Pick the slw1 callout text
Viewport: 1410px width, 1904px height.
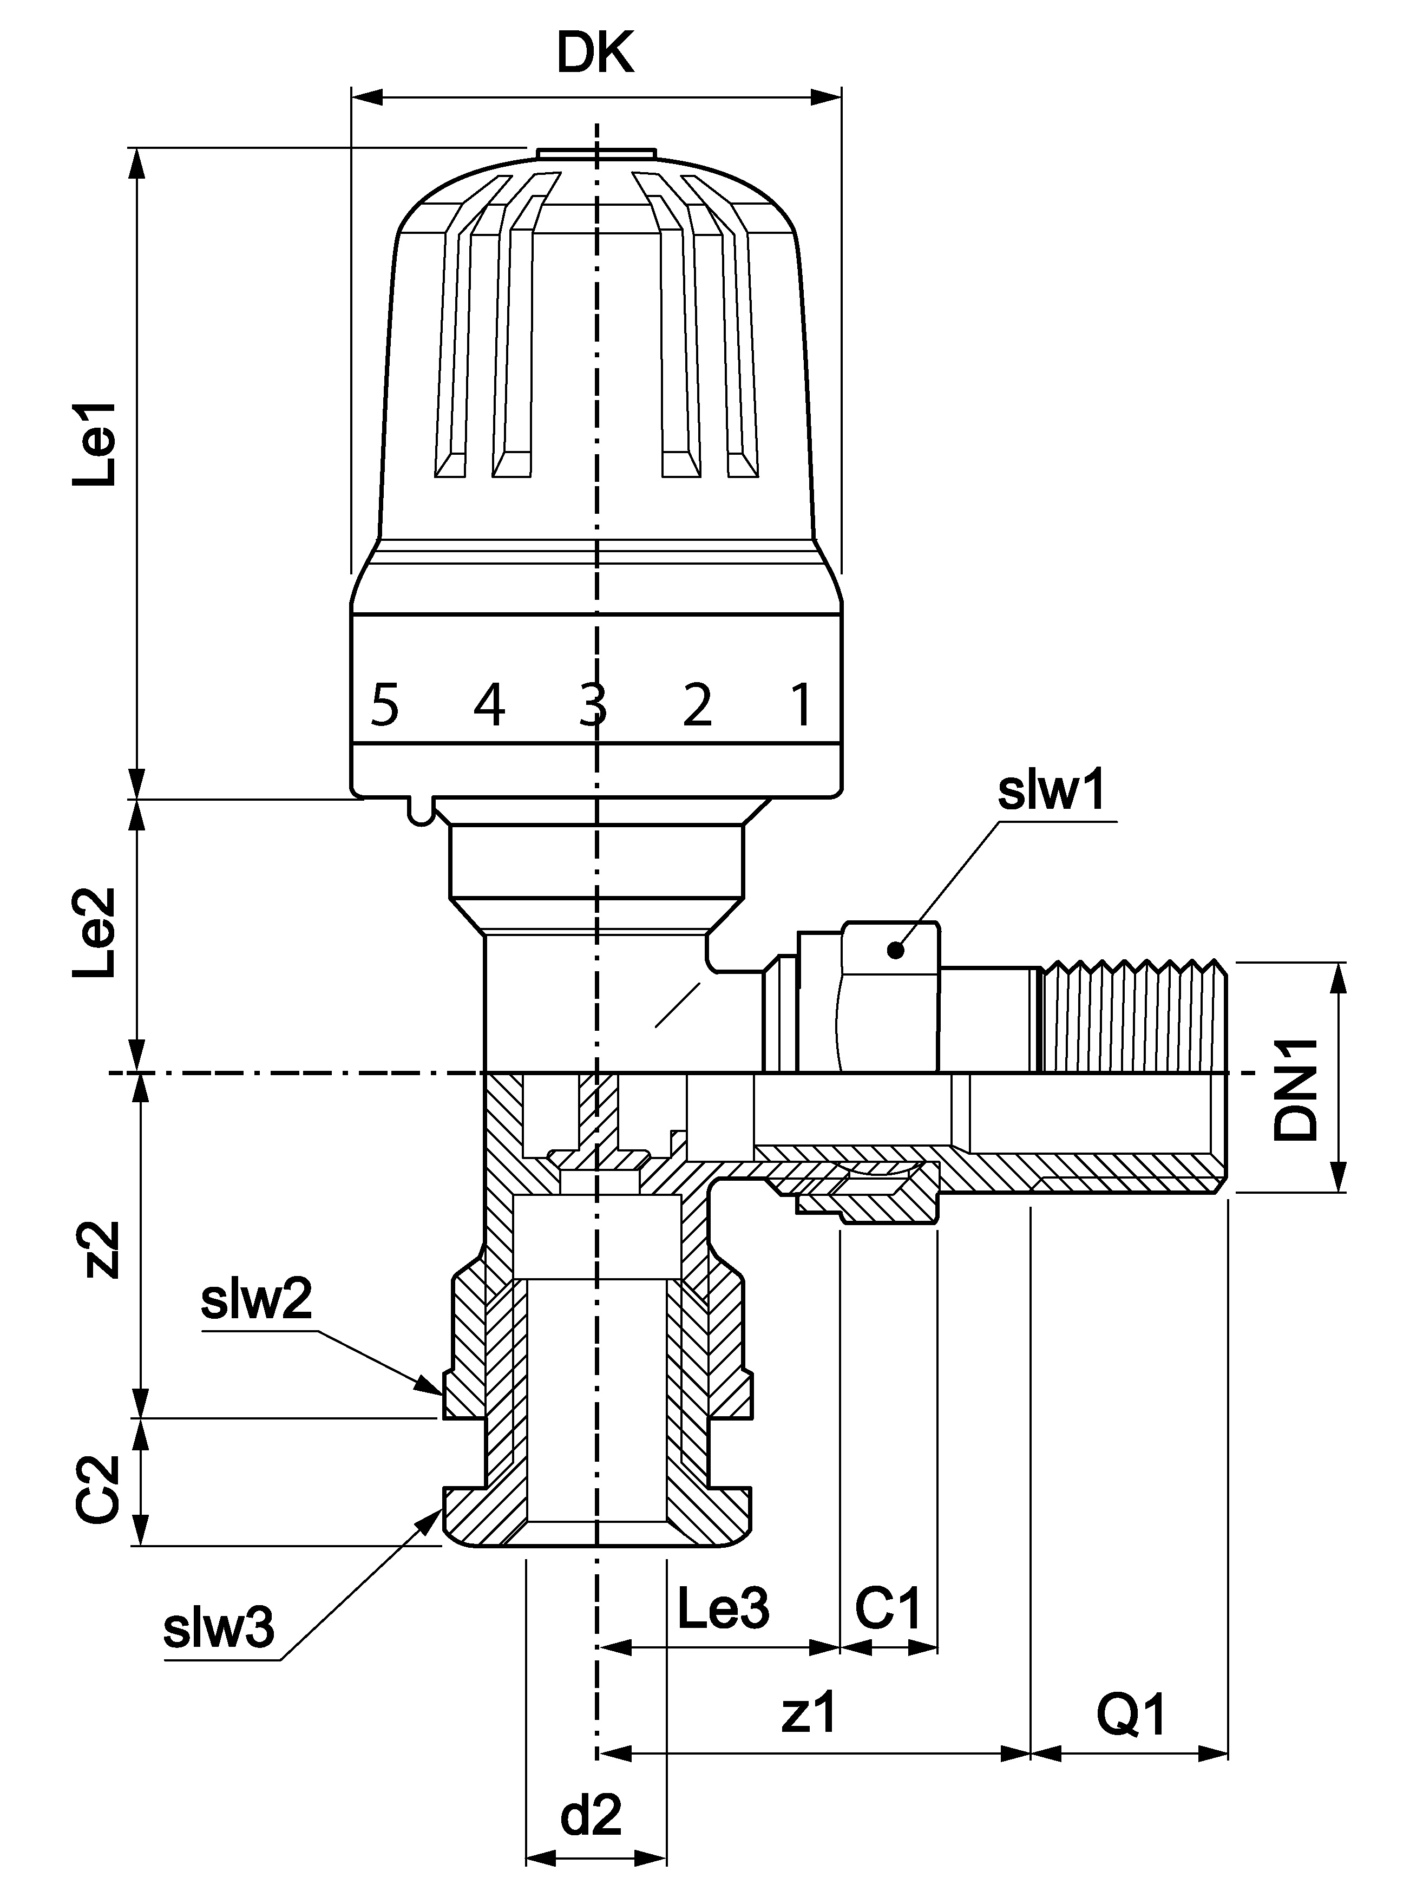tap(1052, 791)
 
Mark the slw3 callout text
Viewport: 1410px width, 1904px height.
tap(219, 1628)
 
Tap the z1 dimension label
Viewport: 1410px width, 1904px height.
tap(809, 1713)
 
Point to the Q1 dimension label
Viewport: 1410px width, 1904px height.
tap(1131, 1713)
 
